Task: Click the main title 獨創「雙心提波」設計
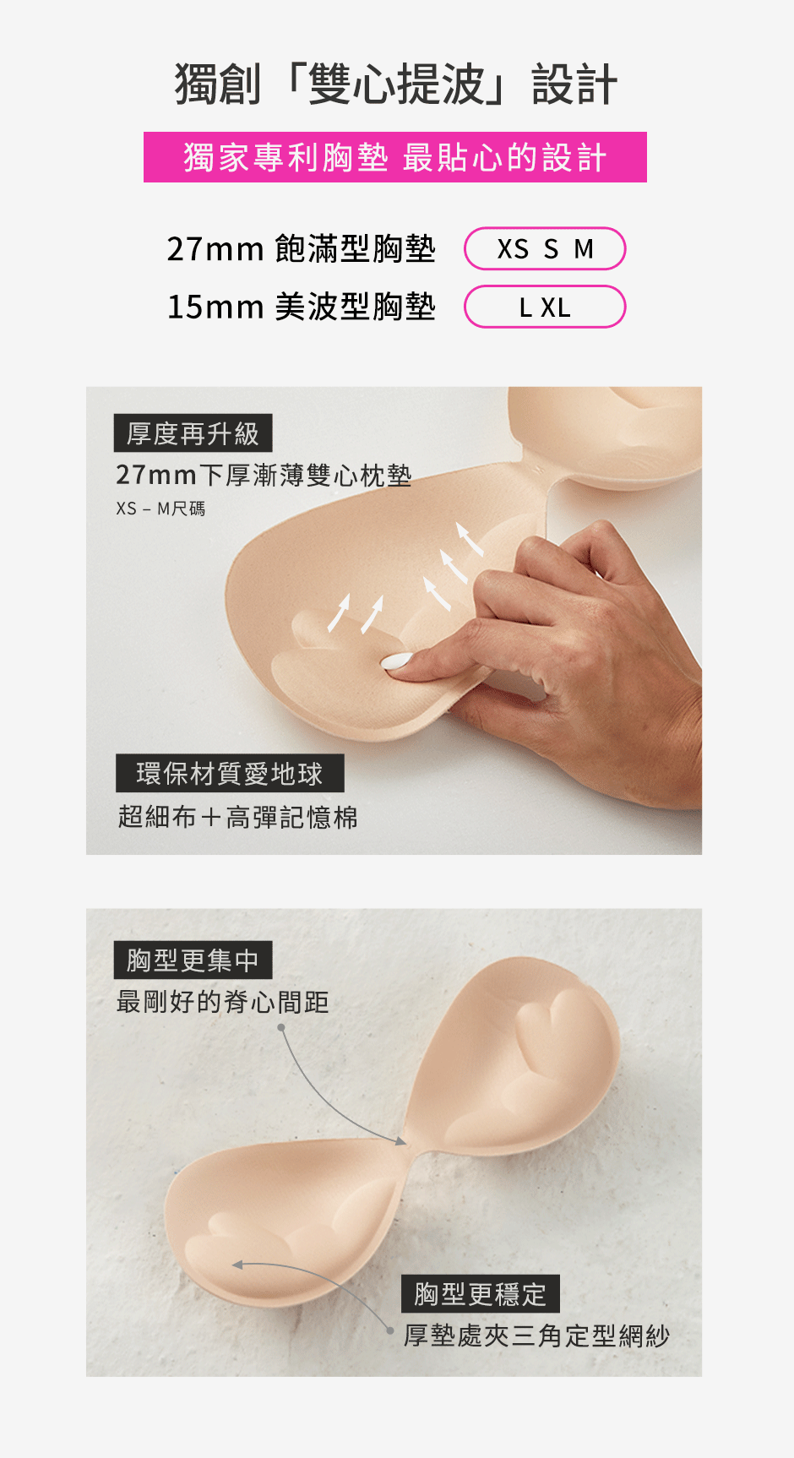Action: pos(396,84)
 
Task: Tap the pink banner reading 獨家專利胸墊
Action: pos(395,157)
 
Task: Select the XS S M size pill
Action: pos(545,249)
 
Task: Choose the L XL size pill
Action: pos(545,307)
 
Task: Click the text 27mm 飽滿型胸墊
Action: pos(302,249)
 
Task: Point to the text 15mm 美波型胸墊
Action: pos(302,307)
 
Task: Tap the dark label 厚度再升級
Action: pos(193,433)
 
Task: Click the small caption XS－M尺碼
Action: pos(160,509)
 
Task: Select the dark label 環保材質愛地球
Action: pos(230,773)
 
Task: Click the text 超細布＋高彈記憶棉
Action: pos(238,817)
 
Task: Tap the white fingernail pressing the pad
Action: pos(397,661)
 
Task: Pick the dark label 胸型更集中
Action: pos(193,960)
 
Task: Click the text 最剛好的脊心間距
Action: pos(223,1003)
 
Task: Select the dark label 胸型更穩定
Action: pos(481,1293)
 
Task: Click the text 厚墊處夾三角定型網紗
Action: pos(537,1336)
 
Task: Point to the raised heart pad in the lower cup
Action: pos(237,1251)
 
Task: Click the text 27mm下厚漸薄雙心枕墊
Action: pos(264,476)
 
